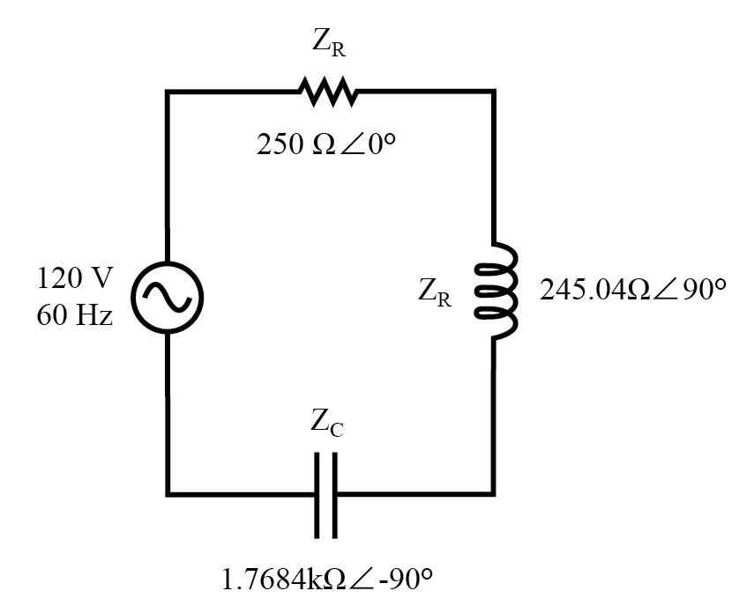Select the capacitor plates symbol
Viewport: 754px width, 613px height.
326,495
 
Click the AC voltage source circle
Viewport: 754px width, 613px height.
168,294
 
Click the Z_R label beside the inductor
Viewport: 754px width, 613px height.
436,294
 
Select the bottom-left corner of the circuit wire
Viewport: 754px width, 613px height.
168,495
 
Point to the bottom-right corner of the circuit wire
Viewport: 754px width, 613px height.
493,495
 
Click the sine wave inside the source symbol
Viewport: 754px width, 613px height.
168,294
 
